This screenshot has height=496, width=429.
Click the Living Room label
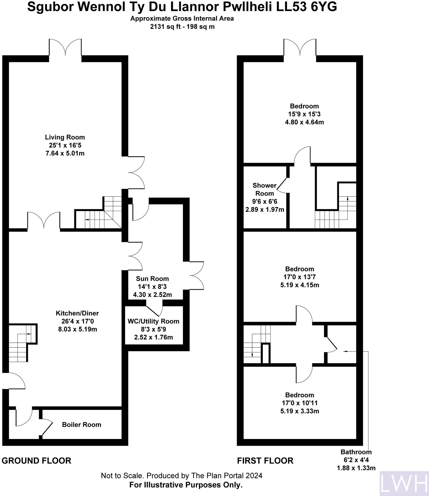[65, 137]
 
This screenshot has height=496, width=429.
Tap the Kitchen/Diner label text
[77, 313]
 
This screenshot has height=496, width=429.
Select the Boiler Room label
[81, 425]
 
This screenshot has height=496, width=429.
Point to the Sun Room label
[152, 279]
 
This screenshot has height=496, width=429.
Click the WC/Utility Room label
[153, 321]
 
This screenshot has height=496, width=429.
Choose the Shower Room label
[265, 189]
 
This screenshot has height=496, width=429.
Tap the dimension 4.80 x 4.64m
[304, 122]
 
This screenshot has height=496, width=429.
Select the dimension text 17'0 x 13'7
[300, 277]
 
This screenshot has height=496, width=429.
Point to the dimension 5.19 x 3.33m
[300, 411]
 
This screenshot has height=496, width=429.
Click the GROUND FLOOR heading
[36, 461]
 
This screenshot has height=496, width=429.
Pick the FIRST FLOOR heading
[265, 461]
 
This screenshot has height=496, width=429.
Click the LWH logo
[404, 483]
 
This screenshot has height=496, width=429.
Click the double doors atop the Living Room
[65, 47]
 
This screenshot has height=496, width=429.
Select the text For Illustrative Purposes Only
[186, 485]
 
